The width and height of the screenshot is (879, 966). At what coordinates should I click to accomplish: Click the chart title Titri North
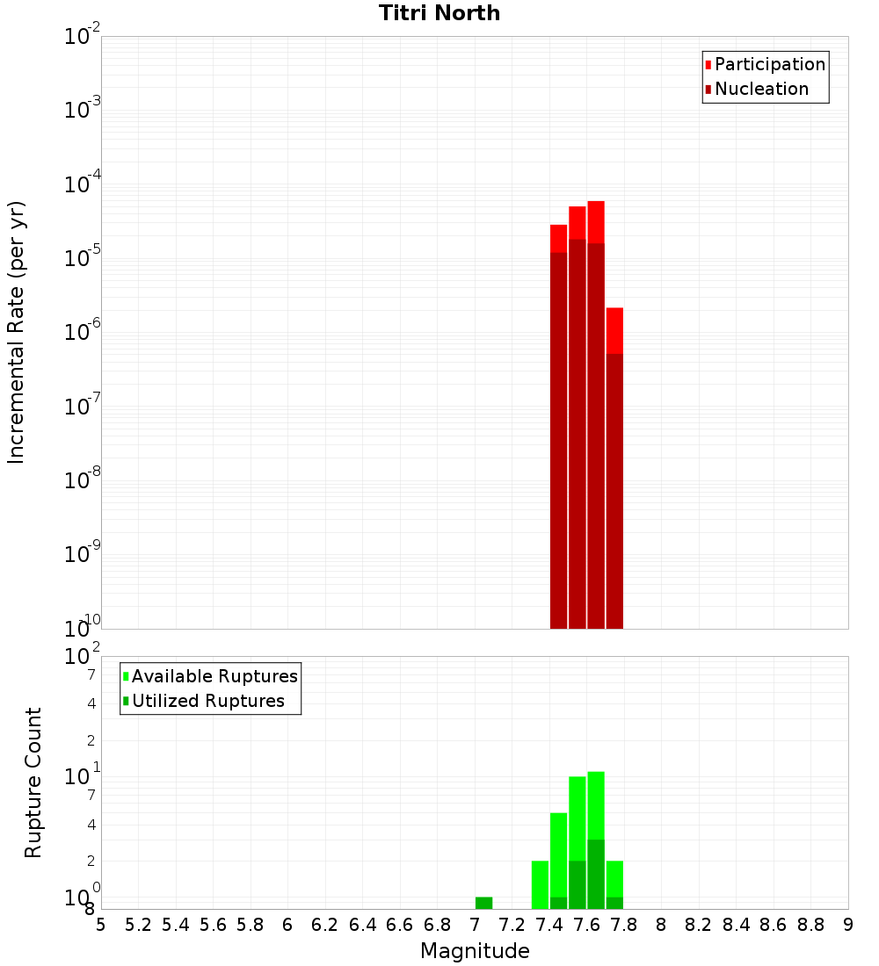click(x=439, y=13)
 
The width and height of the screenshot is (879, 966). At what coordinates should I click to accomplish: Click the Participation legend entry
click(x=769, y=65)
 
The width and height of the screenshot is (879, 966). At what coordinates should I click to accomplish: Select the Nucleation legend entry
click(x=760, y=90)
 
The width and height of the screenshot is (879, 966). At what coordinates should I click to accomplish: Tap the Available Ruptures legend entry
click(x=214, y=677)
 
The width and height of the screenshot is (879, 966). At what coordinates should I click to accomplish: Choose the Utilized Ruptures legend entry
click(x=207, y=702)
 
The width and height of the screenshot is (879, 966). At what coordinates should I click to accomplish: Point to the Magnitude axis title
click(x=475, y=951)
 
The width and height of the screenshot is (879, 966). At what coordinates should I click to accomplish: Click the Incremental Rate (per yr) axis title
click(x=17, y=332)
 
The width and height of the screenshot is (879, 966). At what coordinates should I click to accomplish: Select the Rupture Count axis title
click(x=33, y=782)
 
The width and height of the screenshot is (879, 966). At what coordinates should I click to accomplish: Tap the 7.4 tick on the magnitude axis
click(x=549, y=925)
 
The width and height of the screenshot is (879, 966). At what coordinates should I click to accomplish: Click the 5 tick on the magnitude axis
click(x=101, y=925)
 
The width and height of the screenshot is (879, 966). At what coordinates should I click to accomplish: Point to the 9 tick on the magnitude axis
click(x=848, y=925)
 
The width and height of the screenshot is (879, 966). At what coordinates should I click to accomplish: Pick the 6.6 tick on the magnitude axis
click(x=400, y=925)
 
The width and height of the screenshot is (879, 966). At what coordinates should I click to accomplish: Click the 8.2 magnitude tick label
click(x=699, y=925)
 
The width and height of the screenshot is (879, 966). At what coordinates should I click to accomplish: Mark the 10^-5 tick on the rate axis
click(x=81, y=259)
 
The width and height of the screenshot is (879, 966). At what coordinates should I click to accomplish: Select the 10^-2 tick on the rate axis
click(x=81, y=37)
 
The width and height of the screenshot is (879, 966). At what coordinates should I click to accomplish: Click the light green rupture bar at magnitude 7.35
click(x=540, y=884)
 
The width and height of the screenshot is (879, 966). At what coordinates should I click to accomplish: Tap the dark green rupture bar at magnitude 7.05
click(x=483, y=903)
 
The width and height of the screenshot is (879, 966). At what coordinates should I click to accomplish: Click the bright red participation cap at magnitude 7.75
click(x=614, y=329)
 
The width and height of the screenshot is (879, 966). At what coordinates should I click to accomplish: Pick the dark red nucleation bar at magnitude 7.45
click(x=558, y=439)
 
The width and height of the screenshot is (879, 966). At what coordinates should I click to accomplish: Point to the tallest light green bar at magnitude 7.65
click(x=596, y=804)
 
